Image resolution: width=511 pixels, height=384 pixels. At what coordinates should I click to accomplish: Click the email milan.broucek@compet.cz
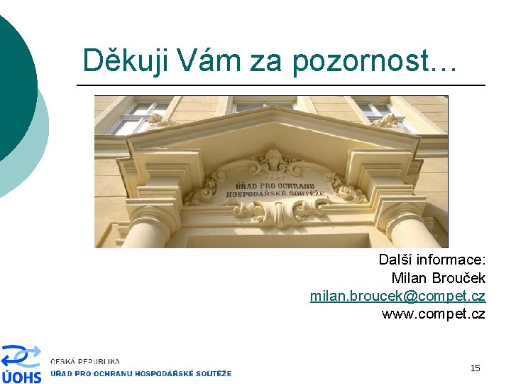point(397,296)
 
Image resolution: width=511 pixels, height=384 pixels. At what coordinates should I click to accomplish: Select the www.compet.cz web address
point(433,314)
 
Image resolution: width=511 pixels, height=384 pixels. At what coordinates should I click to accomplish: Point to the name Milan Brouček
point(438,278)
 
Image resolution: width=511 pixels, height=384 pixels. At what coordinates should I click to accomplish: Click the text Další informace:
point(432,260)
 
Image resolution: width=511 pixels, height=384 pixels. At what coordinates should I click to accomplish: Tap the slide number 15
point(475,368)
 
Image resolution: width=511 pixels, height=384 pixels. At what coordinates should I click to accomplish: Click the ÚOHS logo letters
point(21,375)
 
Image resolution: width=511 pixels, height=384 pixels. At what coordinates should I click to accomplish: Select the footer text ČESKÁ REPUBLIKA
point(85,362)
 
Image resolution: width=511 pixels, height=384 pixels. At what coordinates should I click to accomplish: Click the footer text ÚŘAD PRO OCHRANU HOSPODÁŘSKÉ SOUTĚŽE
point(141,373)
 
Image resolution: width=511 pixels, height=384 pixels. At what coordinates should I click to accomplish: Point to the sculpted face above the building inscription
point(273,161)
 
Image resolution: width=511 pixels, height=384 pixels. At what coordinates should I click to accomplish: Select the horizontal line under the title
point(280,85)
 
